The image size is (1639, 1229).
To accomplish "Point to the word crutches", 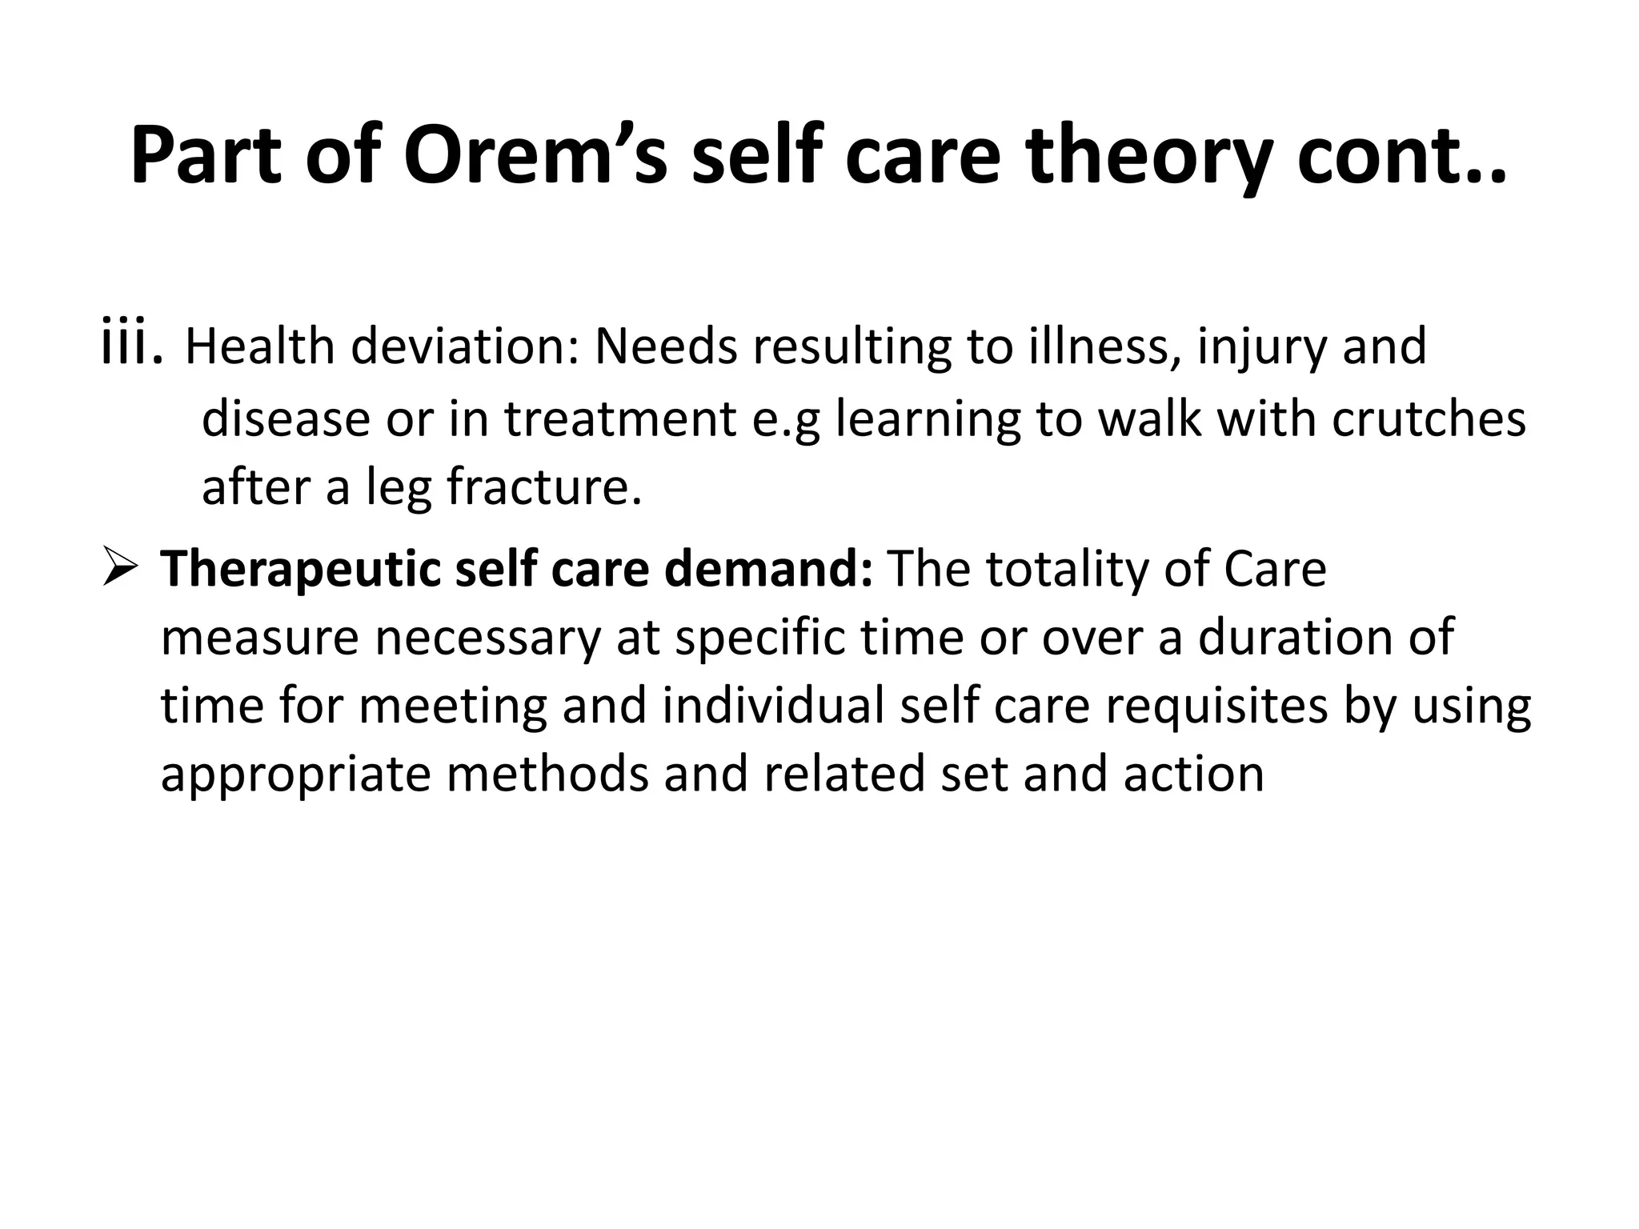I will tap(1429, 418).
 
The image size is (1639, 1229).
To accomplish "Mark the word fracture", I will tap(543, 487).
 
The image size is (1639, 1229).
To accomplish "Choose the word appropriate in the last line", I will tap(295, 775).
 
